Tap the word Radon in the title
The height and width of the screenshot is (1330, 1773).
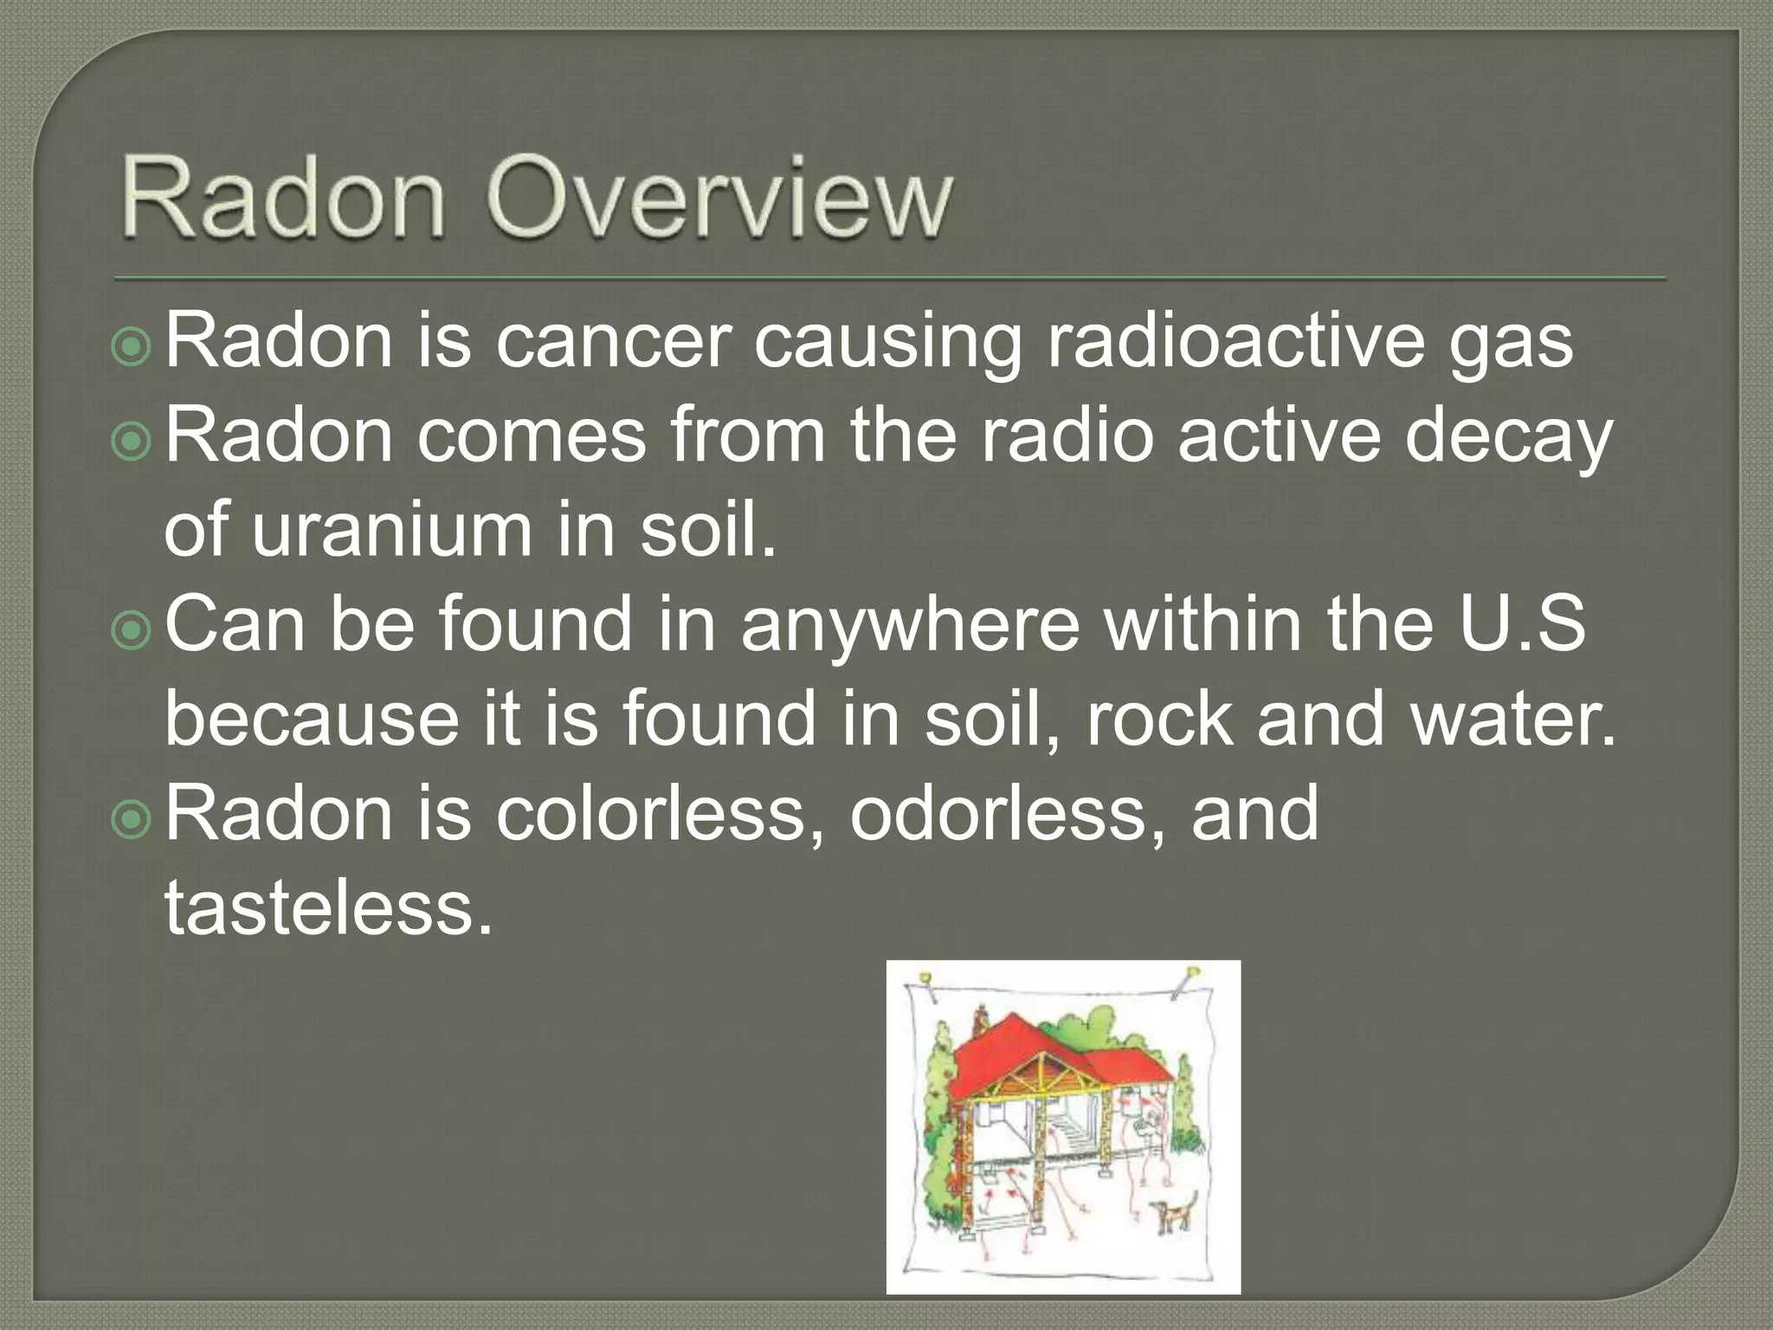pyautogui.click(x=283, y=198)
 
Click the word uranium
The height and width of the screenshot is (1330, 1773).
pyautogui.click(x=391, y=530)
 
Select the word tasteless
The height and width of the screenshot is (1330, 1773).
pyautogui.click(x=328, y=907)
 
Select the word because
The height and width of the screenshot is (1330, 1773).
pyautogui.click(x=312, y=719)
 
